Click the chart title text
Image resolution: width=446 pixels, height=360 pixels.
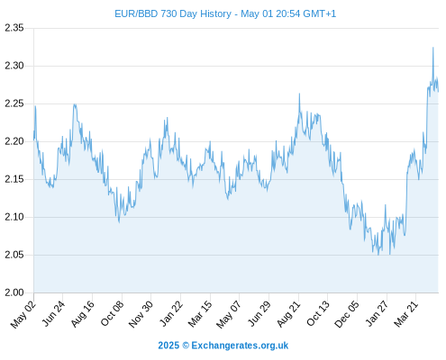225,13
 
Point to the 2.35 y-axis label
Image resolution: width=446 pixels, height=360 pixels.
14,28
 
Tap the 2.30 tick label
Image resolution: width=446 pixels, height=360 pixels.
14,66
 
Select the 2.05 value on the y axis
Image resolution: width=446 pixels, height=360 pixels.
14,255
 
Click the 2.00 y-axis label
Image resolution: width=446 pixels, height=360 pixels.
14,292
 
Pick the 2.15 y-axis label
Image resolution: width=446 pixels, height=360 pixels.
14,179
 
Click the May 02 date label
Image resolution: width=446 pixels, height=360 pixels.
23,314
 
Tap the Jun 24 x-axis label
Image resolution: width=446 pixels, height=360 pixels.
53,313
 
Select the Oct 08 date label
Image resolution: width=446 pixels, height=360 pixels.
112,313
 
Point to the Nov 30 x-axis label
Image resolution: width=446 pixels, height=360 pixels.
141,314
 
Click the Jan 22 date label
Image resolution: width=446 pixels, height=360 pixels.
171,313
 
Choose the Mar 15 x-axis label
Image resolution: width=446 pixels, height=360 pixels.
200,314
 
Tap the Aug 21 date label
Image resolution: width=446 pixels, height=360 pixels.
288,314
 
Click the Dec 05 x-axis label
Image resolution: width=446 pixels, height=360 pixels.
347,314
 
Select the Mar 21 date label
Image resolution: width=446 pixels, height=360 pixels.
406,314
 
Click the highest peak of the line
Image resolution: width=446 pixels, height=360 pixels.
433,48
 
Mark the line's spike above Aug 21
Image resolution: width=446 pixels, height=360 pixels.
299,94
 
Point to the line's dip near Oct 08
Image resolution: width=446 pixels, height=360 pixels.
119,222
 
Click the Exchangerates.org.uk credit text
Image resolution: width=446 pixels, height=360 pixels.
240,346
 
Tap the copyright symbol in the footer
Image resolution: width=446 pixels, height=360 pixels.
186,346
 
